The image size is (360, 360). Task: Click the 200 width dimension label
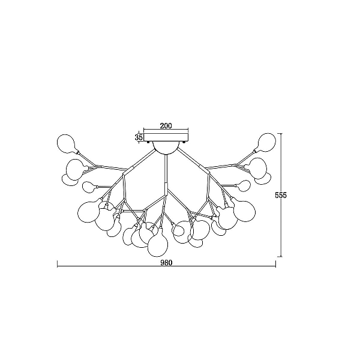(x=166, y=125)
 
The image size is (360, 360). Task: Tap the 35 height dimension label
(x=139, y=137)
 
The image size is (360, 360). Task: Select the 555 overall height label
(x=281, y=195)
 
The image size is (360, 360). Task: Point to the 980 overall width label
(x=166, y=262)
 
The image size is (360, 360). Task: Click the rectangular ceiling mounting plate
(x=166, y=137)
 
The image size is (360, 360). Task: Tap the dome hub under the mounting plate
(x=166, y=147)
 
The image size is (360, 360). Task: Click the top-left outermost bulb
(x=66, y=144)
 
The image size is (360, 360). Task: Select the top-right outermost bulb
(x=266, y=143)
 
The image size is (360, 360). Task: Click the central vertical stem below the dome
(x=166, y=169)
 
